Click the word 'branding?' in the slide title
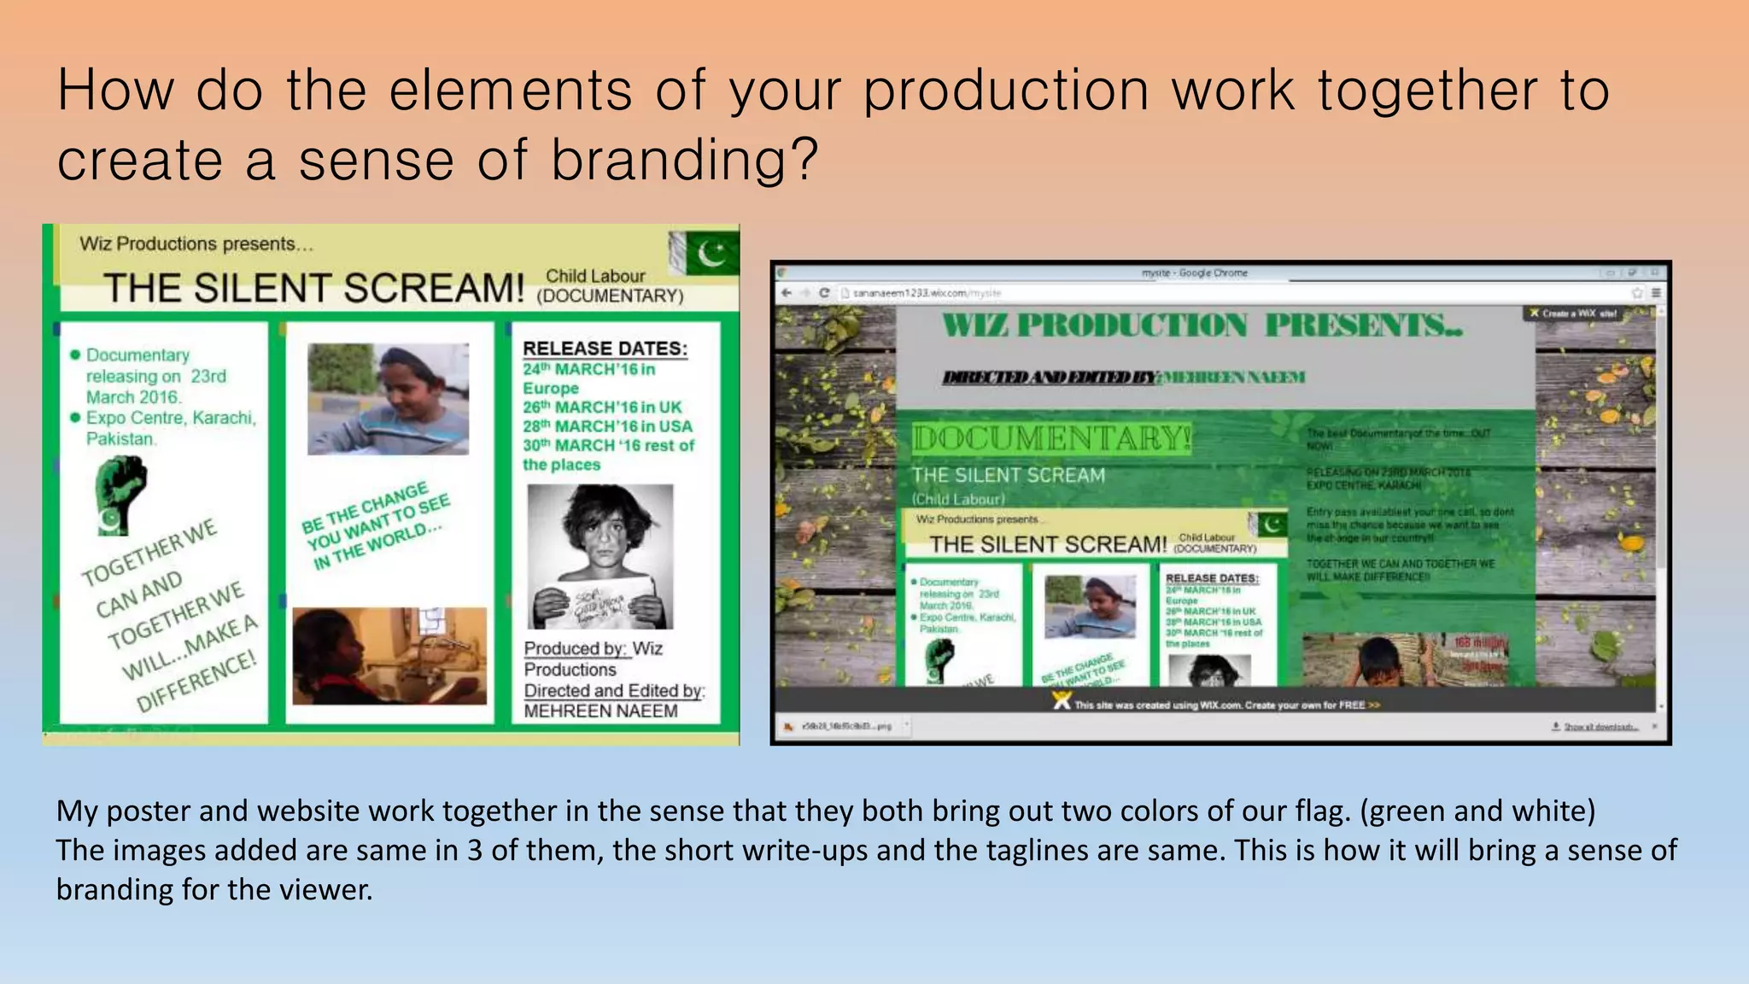click(684, 161)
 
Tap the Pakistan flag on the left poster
click(706, 253)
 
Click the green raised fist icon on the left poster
click(120, 494)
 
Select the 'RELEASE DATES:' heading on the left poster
click(605, 348)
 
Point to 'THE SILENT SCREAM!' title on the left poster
click(313, 289)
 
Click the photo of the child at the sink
click(389, 656)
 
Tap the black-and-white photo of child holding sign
click(600, 556)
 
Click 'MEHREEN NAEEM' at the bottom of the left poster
click(600, 712)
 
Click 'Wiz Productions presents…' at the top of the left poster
click(196, 244)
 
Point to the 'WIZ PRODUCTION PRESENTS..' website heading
click(1202, 325)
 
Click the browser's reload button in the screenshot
click(824, 293)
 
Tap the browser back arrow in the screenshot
click(787, 293)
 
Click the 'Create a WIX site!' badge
click(1574, 313)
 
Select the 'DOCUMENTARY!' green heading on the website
click(1051, 438)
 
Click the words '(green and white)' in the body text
click(1477, 811)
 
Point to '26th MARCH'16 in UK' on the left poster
click(602, 407)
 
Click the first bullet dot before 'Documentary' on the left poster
click(75, 354)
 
